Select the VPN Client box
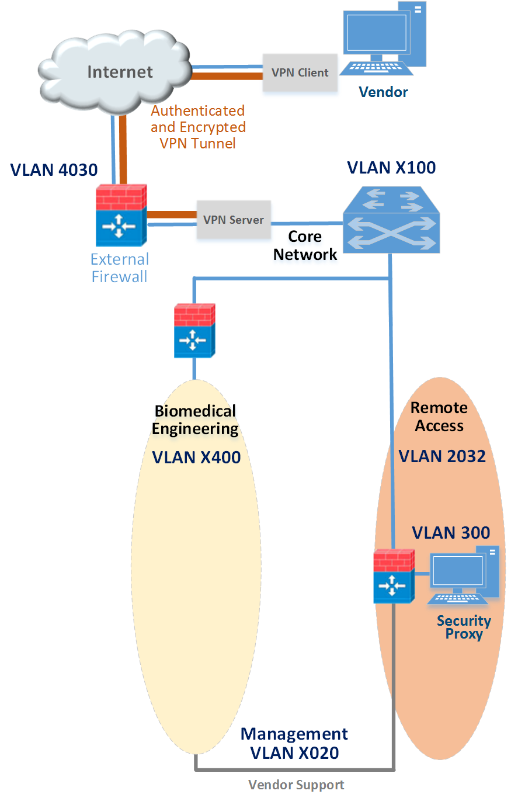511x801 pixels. [x=300, y=73]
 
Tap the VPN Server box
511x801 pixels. [x=234, y=220]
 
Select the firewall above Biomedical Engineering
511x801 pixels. [x=194, y=331]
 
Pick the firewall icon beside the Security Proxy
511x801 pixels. [x=394, y=576]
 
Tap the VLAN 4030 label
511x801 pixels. [x=54, y=170]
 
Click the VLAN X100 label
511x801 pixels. [x=391, y=168]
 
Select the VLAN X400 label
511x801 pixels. [x=196, y=457]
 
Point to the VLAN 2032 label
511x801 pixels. [x=442, y=456]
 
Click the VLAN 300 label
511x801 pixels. [x=451, y=533]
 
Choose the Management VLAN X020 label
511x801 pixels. [x=294, y=744]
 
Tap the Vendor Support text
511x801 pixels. [x=296, y=785]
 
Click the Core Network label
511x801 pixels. [x=305, y=245]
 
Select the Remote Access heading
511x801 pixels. [x=439, y=417]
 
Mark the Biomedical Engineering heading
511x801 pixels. [x=195, y=419]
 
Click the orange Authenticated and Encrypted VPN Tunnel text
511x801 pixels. [x=198, y=127]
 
